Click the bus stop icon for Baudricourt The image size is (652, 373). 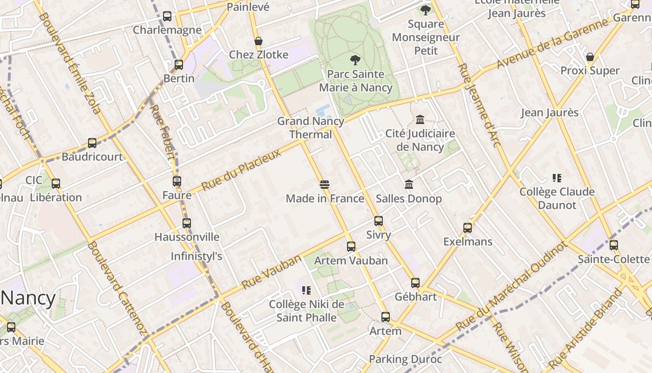point(92,143)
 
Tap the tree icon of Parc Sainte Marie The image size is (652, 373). point(355,60)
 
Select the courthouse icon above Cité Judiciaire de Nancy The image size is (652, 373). point(420,119)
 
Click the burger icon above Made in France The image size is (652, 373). point(325,185)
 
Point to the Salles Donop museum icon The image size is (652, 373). point(409,185)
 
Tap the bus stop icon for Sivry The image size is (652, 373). point(379,221)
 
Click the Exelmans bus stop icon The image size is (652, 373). point(468,228)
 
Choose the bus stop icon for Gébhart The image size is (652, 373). point(415,283)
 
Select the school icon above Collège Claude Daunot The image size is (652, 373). point(557,178)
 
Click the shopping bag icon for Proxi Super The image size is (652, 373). point(590,57)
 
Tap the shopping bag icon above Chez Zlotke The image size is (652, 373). point(258,41)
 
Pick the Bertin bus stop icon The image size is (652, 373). point(179,64)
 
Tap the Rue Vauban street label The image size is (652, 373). point(271,272)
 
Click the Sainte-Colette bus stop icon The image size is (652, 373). point(614,245)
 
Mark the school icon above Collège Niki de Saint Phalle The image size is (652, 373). point(306,290)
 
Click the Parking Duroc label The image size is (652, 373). point(405,359)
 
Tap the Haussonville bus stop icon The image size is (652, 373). point(187,223)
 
